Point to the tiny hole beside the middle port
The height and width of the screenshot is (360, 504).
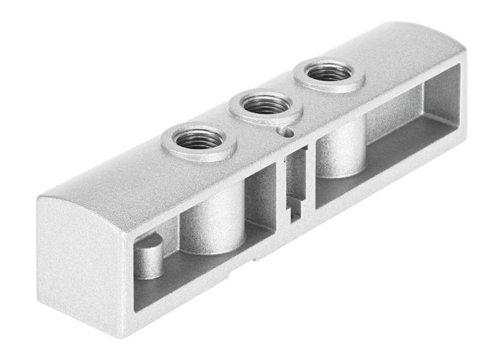click(x=288, y=132)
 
